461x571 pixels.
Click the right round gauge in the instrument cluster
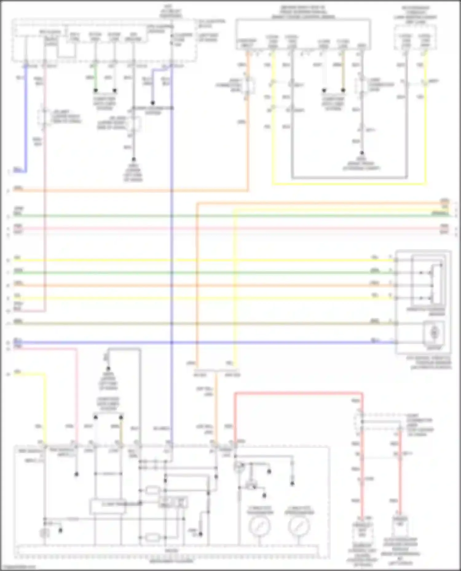pyautogui.click(x=298, y=526)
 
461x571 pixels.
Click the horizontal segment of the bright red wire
pyautogui.click(x=298, y=393)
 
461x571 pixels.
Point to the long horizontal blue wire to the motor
pyautogui.click(x=215, y=342)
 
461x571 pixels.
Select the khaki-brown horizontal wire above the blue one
pyautogui.click(x=215, y=323)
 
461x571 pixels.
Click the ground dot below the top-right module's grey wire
pyautogui.click(x=362, y=152)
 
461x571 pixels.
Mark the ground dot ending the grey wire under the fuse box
pyautogui.click(x=134, y=159)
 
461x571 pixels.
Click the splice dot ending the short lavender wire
pyautogui.click(x=152, y=103)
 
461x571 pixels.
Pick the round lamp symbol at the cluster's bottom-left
pyautogui.click(x=45, y=533)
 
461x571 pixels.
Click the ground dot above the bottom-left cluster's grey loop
pyautogui.click(x=108, y=368)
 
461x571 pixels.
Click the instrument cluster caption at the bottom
pyautogui.click(x=171, y=561)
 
